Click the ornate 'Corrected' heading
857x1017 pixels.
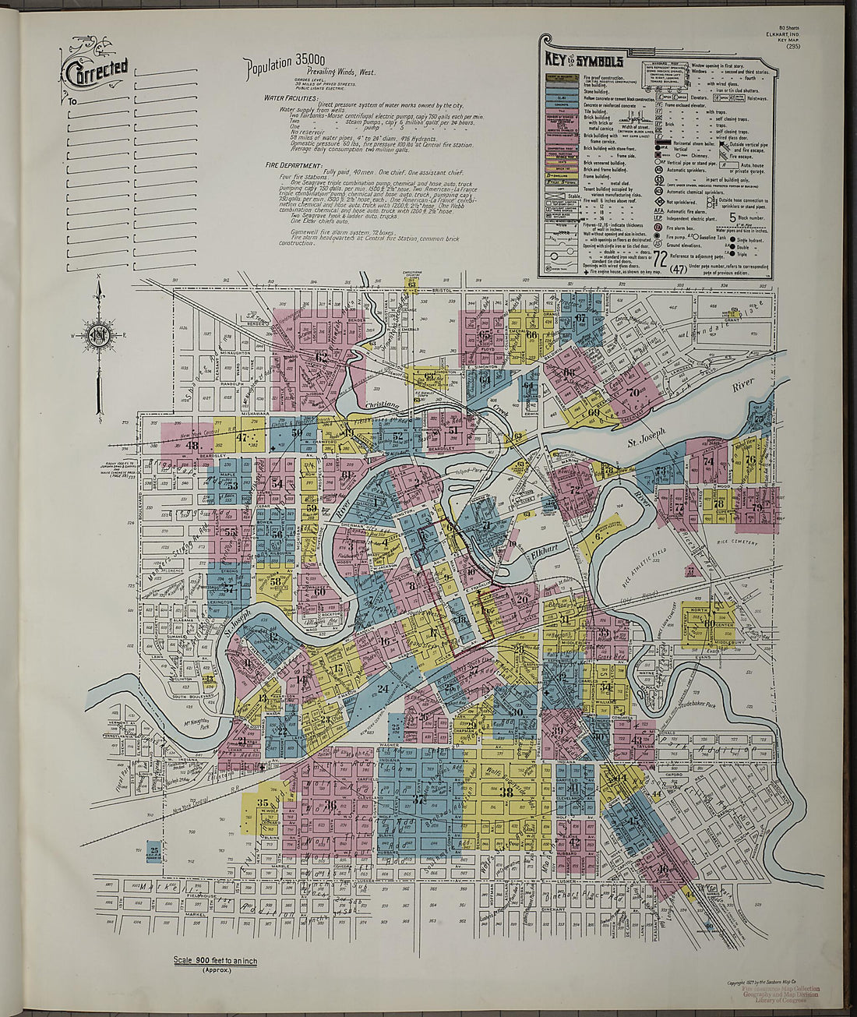[95, 72]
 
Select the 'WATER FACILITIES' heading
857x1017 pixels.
[290, 98]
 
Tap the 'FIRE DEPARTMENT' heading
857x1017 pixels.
[293, 165]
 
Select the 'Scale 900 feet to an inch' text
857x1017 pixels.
[216, 961]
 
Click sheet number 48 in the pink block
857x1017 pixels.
[192, 446]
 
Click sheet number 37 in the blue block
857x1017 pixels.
[420, 800]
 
